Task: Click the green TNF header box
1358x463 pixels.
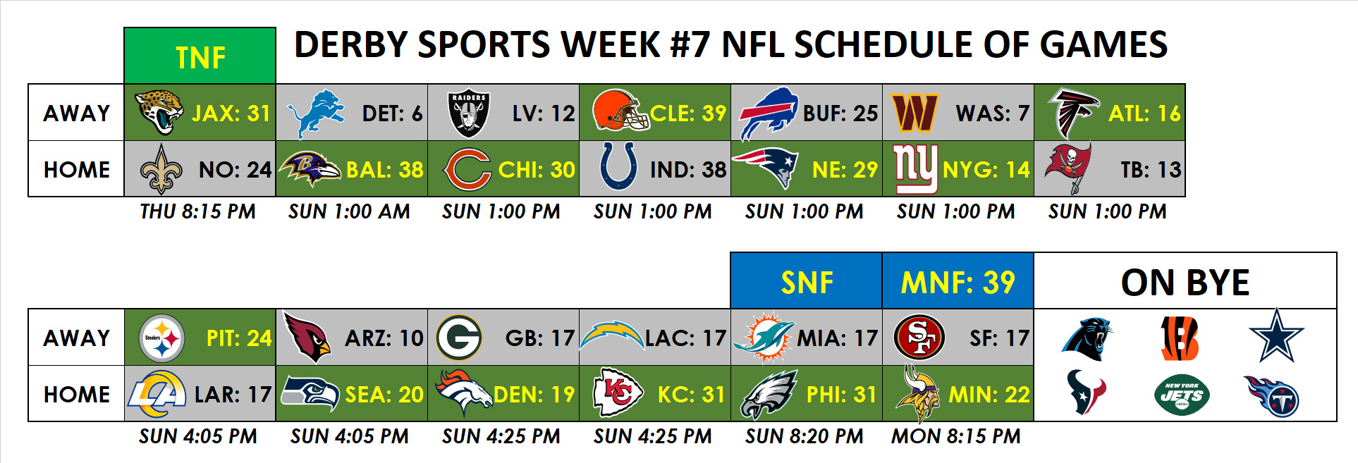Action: click(200, 56)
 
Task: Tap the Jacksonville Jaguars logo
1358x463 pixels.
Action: click(159, 112)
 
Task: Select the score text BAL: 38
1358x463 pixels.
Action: click(385, 170)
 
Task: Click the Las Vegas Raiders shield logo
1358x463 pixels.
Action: click(469, 113)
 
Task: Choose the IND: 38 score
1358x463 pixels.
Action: click(688, 170)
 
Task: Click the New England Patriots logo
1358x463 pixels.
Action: click(765, 166)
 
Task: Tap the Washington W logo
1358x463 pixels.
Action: click(915, 113)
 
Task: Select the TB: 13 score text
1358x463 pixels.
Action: click(1151, 170)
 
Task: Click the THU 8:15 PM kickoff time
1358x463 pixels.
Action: click(198, 211)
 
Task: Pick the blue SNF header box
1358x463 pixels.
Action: click(807, 280)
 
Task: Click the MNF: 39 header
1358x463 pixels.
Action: click(958, 283)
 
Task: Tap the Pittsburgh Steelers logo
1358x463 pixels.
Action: click(162, 338)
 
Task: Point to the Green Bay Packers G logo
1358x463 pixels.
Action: click(459, 338)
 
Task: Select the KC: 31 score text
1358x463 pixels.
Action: click(691, 395)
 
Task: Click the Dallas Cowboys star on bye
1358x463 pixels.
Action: click(1276, 335)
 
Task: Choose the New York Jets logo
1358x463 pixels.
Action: click(1182, 395)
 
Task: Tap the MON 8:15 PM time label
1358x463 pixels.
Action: click(956, 437)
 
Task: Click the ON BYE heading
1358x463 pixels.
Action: click(1185, 283)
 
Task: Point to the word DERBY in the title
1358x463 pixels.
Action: click(351, 45)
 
